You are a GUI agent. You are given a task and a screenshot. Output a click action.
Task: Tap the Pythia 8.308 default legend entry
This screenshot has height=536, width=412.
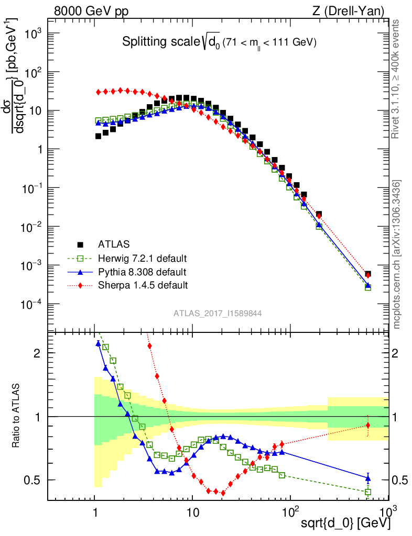[142, 272]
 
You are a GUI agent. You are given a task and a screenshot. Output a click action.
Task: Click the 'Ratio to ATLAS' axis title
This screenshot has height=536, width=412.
[16, 416]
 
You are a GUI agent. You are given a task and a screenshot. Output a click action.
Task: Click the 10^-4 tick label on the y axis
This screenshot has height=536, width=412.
[31, 304]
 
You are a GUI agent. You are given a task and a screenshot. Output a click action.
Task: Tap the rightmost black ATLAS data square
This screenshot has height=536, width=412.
[368, 274]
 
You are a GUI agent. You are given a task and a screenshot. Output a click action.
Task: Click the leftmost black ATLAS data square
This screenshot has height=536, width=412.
[98, 136]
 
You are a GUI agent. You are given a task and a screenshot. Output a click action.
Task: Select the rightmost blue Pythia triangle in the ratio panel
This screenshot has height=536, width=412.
[368, 477]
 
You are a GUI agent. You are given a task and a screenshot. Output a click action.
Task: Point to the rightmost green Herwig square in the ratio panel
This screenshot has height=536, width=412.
[368, 492]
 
